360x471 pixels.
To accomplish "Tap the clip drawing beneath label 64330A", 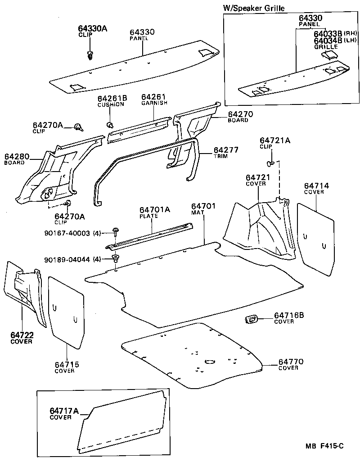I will coord(90,55).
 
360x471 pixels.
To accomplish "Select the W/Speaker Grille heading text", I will coord(254,8).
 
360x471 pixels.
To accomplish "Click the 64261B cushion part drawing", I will coord(109,123).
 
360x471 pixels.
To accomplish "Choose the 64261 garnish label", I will coord(154,97).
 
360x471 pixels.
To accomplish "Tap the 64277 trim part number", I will coord(226,150).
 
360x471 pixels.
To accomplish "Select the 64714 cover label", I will coord(316,186).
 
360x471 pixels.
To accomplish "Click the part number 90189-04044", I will coord(67,260).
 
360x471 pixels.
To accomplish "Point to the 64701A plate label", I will coord(154,210).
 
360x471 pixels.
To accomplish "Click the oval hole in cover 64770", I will coord(209,362).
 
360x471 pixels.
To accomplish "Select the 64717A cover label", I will coord(64,411).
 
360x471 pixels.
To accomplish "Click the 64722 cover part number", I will coord(22,335).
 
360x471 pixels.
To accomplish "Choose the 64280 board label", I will coord(17,157).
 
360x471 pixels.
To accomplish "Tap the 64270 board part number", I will coord(240,114).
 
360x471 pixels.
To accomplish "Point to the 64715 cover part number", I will coord(67,364).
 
